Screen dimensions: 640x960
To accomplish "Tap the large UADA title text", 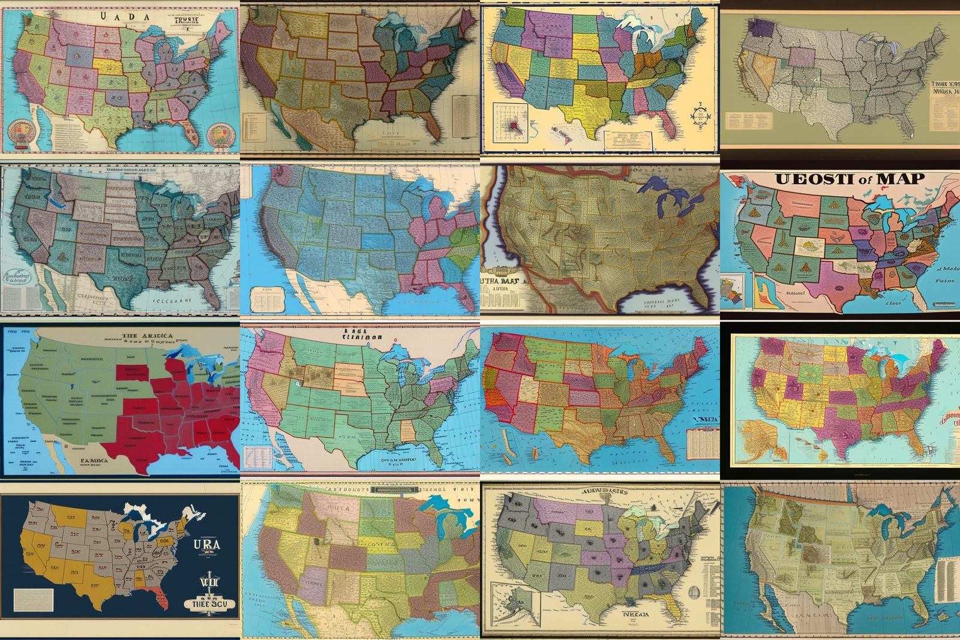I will tap(127, 17).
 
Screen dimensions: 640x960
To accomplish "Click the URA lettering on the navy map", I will tap(205, 545).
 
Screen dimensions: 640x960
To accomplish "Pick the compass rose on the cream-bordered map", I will tap(698, 116).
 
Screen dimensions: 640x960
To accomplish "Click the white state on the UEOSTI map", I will tap(805, 245).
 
